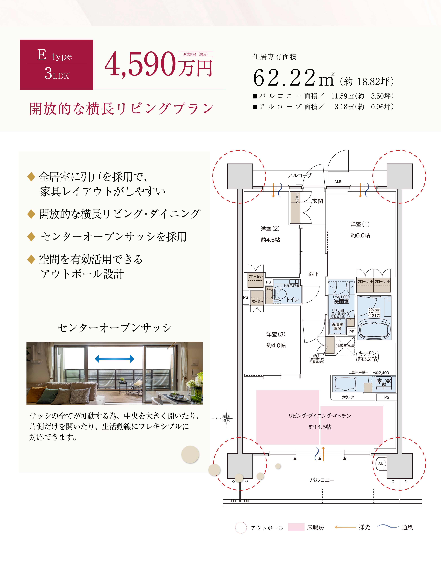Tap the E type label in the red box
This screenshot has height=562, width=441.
(55, 55)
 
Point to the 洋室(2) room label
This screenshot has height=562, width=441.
(270, 229)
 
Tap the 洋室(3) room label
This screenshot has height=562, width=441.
(276, 334)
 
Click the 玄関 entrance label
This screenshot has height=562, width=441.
(318, 201)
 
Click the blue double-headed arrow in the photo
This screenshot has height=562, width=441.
(115, 358)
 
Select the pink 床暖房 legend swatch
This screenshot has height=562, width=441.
(296, 527)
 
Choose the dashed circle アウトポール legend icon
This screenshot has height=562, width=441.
(241, 527)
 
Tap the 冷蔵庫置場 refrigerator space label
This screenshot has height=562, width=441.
(345, 346)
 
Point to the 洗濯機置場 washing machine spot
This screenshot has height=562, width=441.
(337, 326)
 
